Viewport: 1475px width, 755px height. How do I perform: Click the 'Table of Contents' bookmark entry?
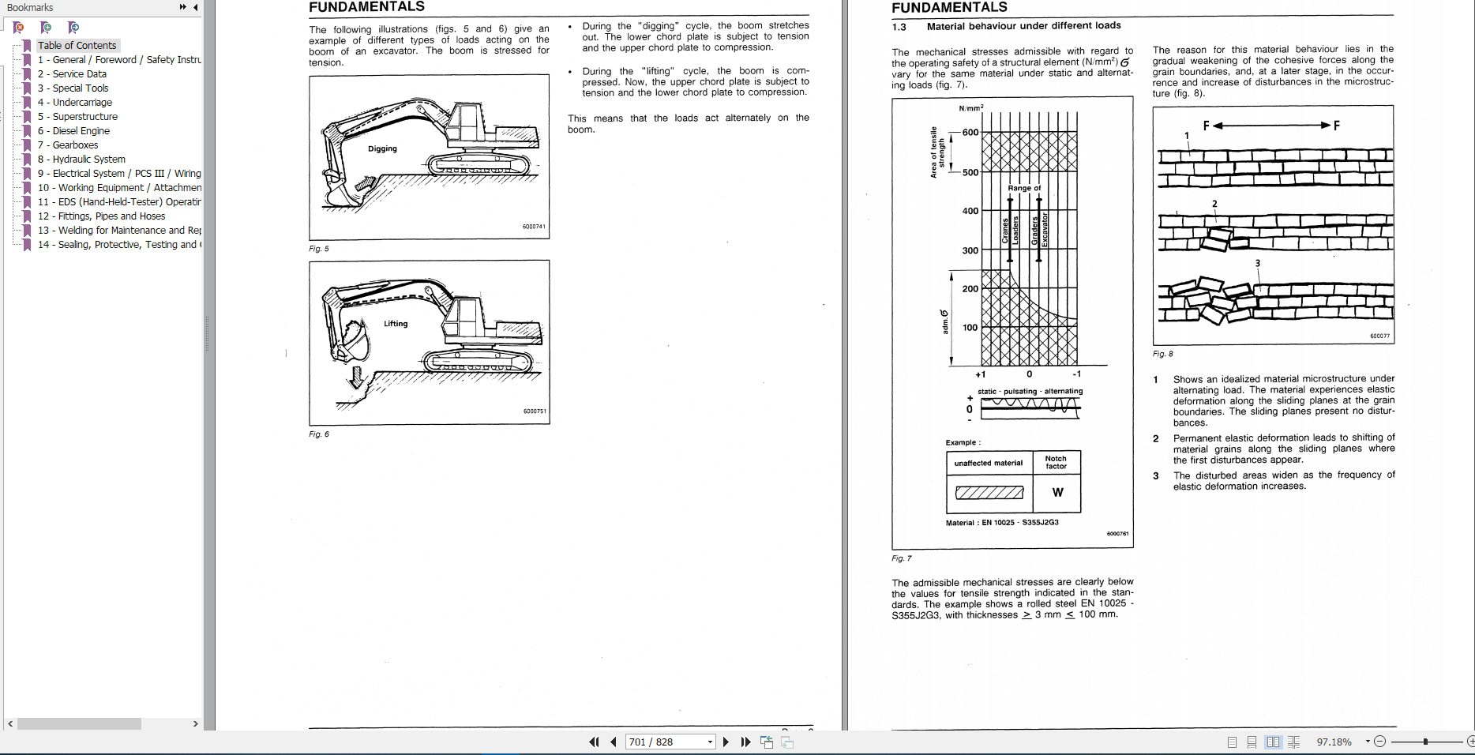pyautogui.click(x=77, y=46)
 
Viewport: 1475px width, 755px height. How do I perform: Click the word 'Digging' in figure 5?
pyautogui.click(x=382, y=148)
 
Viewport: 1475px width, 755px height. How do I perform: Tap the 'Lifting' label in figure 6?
pyautogui.click(x=396, y=324)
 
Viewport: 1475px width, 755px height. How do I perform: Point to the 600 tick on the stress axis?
pyautogui.click(x=970, y=133)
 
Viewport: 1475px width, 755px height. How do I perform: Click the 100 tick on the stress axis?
pyautogui.click(x=970, y=328)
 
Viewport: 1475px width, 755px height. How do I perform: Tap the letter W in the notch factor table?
pyautogui.click(x=1057, y=493)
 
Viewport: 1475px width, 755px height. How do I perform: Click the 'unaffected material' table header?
pyautogui.click(x=988, y=463)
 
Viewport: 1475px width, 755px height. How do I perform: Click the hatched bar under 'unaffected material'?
pyautogui.click(x=989, y=494)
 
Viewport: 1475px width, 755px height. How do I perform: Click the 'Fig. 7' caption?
pyautogui.click(x=901, y=558)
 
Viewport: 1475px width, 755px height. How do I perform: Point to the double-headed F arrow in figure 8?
pyautogui.click(x=1270, y=126)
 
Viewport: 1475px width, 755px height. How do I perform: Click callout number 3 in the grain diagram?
pyautogui.click(x=1257, y=264)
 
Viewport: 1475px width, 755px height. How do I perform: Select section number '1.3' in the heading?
pyautogui.click(x=899, y=26)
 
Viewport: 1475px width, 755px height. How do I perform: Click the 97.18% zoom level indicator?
pyautogui.click(x=1334, y=742)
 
